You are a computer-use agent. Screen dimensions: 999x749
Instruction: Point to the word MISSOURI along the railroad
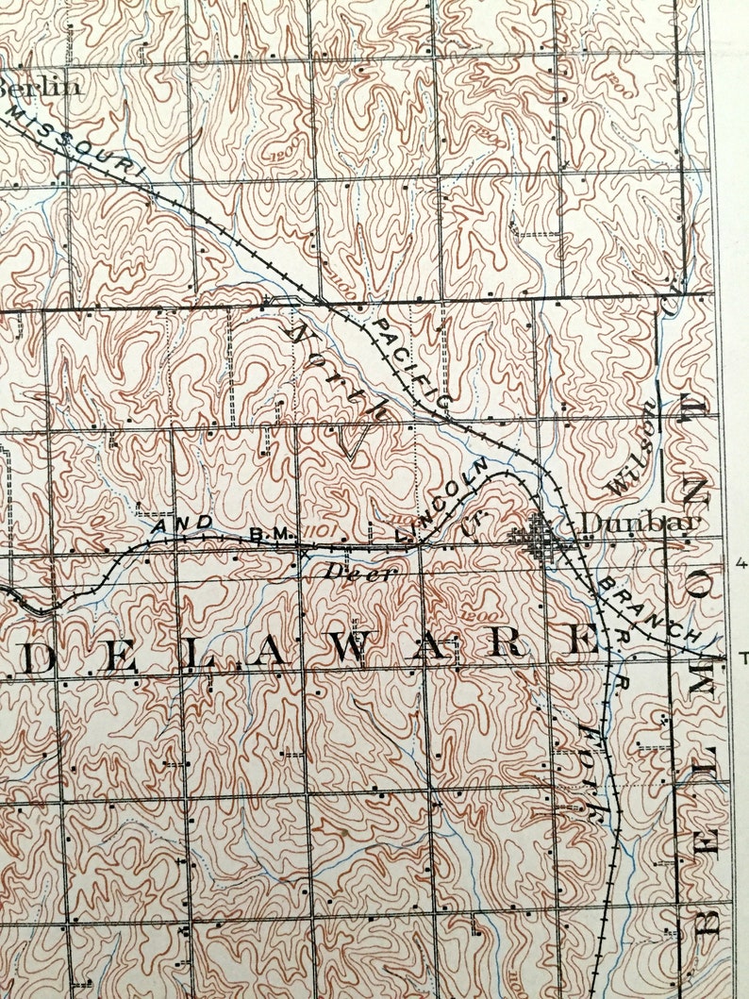click(x=81, y=142)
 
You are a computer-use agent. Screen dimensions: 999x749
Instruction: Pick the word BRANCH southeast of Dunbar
click(x=649, y=610)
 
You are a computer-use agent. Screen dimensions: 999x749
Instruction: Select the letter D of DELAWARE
click(x=39, y=657)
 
